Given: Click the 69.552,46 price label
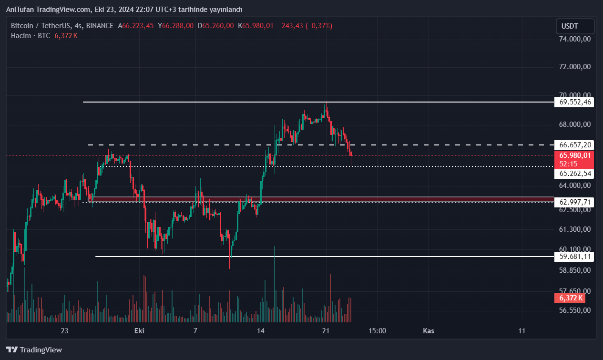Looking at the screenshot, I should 574,102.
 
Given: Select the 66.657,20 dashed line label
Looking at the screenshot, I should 574,144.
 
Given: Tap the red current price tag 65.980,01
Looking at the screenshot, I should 574,155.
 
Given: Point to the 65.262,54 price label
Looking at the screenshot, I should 574,174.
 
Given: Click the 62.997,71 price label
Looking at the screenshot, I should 574,202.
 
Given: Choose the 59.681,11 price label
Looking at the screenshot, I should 574,257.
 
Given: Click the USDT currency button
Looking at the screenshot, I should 575,26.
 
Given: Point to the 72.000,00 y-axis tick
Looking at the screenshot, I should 574,67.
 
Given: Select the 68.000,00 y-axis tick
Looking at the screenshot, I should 574,124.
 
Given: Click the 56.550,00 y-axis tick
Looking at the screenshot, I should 574,310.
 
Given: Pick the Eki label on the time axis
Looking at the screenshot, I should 139,330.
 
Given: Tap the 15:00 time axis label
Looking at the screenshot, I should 377,330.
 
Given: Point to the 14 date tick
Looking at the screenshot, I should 260,330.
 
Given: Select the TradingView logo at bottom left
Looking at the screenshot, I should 34,350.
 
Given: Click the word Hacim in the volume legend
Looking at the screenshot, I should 20,36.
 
